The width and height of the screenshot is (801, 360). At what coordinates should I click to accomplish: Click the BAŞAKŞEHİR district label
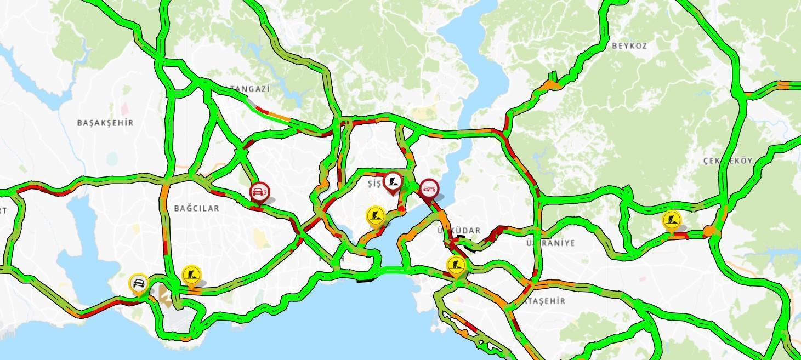105,123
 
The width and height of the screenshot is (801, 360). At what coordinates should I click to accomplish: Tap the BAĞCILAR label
196,208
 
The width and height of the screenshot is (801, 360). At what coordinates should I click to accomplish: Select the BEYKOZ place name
629,46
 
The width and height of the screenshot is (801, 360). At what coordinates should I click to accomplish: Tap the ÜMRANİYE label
550,243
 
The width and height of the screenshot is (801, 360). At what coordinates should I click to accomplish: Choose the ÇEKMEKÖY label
728,161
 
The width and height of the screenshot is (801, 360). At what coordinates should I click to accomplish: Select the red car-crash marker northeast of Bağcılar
259,192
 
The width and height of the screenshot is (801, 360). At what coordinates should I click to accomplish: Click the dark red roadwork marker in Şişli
393,182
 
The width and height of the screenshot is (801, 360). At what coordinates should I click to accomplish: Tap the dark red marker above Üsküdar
429,189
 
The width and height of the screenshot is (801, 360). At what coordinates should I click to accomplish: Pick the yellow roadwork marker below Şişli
376,215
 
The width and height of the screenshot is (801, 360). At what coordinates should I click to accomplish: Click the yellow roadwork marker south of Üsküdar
456,266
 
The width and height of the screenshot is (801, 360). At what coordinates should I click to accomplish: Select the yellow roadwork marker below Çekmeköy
672,220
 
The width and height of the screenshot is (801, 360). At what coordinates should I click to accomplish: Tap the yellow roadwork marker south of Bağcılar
191,275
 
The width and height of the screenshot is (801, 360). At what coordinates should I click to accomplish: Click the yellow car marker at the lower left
139,284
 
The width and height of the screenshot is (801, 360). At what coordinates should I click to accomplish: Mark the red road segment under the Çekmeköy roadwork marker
681,235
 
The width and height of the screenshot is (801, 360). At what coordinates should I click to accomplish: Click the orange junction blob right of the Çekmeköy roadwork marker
711,232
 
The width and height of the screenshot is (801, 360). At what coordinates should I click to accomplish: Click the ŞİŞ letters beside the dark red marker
374,184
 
